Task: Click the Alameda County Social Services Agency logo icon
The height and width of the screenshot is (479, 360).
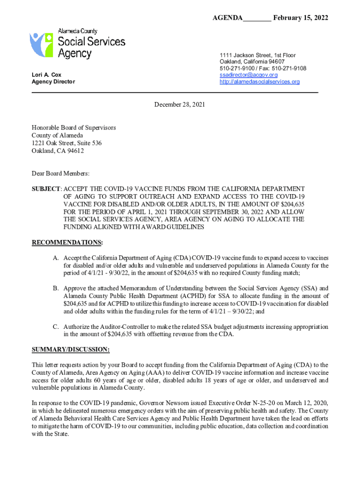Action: (x=41, y=44)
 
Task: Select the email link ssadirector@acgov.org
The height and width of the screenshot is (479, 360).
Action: (x=248, y=75)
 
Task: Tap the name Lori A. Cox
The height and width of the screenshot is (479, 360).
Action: (x=46, y=75)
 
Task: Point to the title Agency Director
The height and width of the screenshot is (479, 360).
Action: (x=53, y=82)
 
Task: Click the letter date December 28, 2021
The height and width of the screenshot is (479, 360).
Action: (x=180, y=105)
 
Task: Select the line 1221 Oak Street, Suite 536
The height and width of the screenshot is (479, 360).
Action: (x=66, y=143)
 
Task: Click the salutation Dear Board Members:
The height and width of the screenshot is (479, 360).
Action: (x=60, y=174)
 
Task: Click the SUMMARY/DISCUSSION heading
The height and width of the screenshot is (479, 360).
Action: (x=71, y=349)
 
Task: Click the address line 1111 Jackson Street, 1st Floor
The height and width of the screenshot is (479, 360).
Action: (x=258, y=55)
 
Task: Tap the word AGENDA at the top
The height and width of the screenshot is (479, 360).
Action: (x=228, y=18)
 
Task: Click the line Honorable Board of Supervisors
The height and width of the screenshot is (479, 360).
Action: (x=73, y=127)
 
